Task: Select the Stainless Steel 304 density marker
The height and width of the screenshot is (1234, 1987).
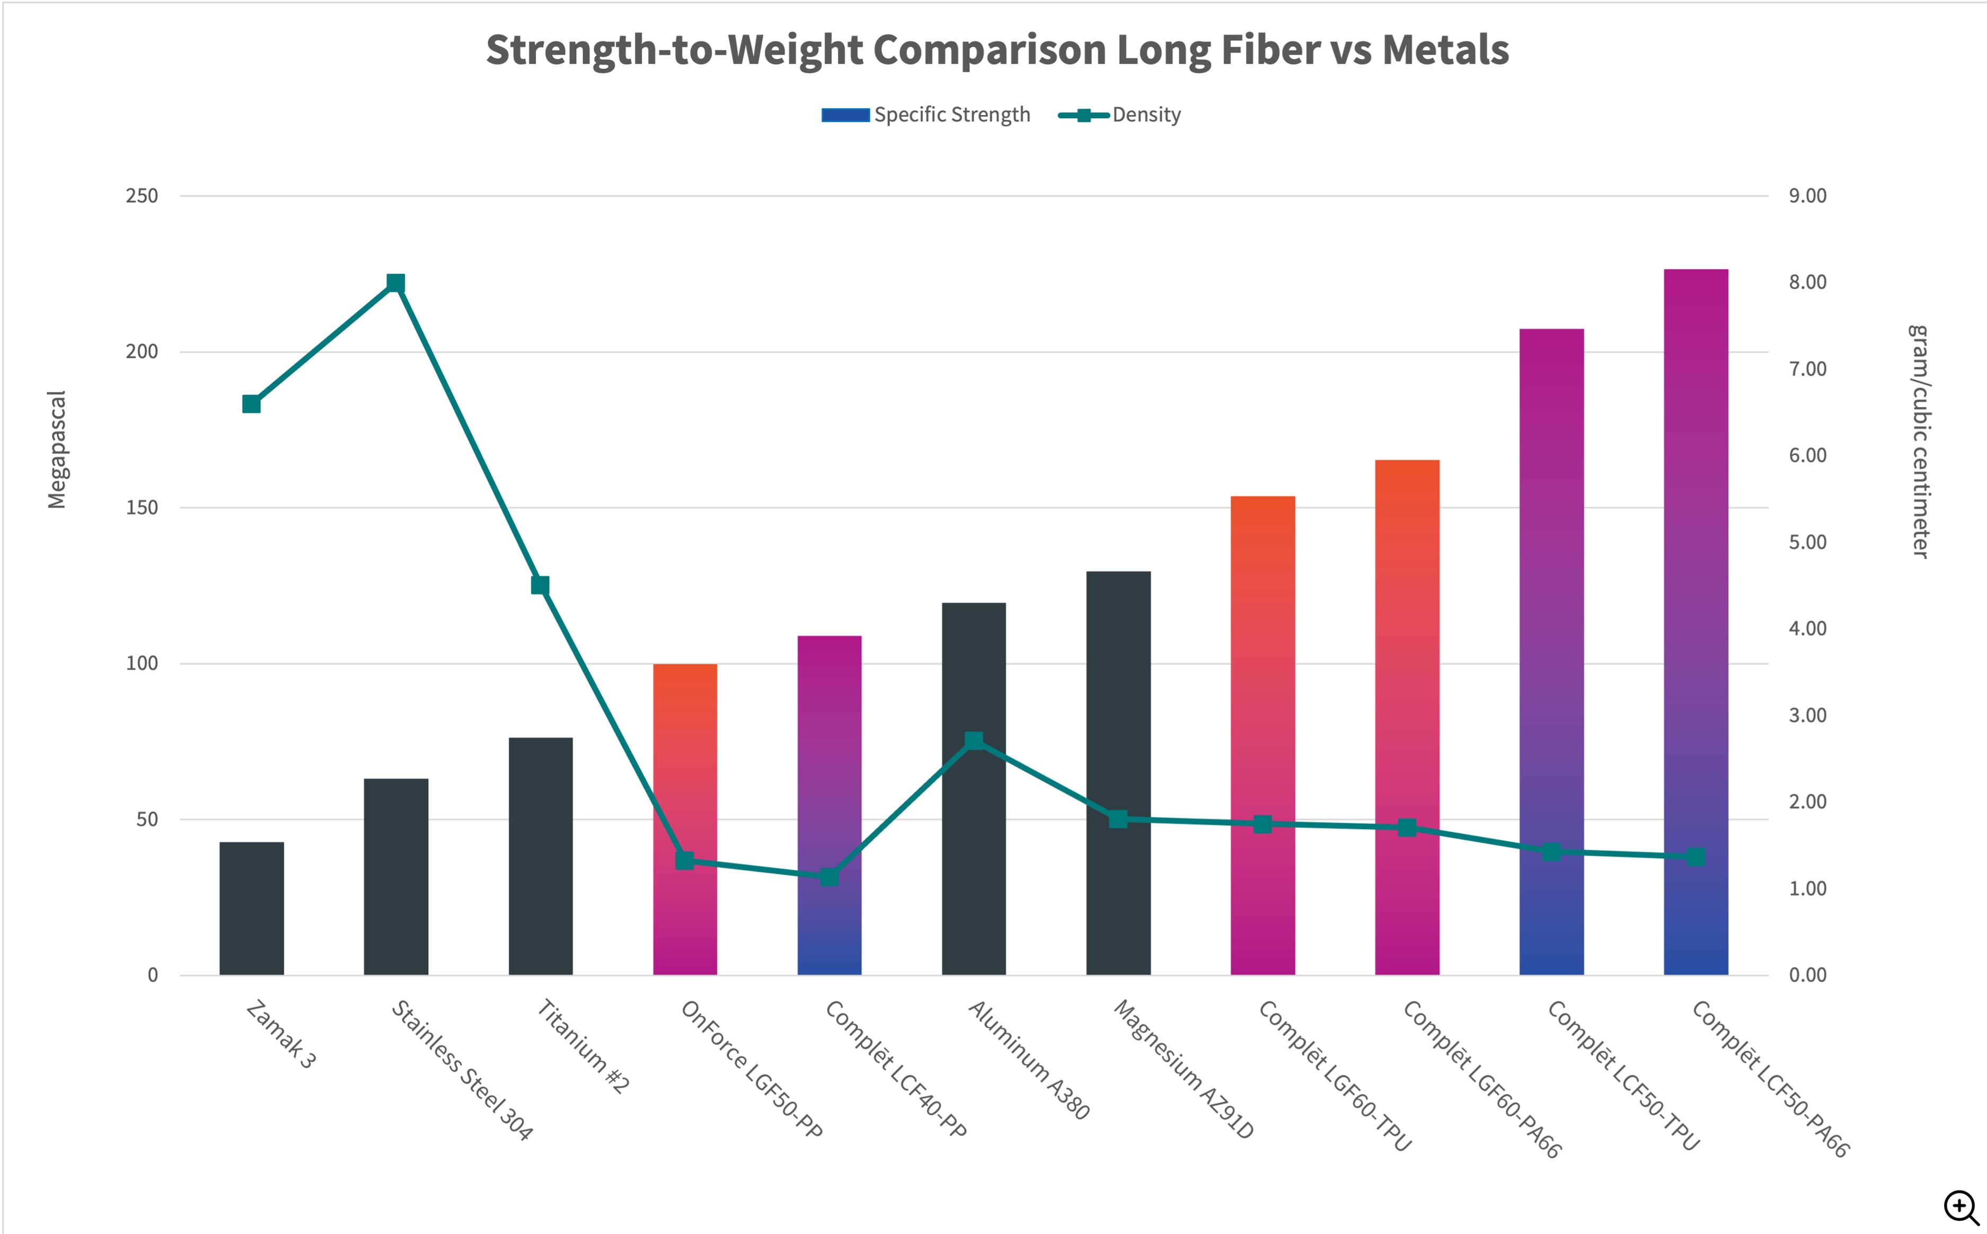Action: tap(396, 283)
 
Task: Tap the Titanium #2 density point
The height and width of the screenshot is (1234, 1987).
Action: tap(540, 585)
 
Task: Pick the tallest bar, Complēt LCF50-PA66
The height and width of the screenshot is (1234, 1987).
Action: tap(1695, 620)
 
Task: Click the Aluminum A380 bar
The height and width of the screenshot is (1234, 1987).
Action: tap(974, 857)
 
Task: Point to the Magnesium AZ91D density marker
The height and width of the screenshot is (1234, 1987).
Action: tap(1118, 818)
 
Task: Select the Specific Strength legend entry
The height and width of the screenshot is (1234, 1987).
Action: tap(925, 115)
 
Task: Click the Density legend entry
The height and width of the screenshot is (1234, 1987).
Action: tap(1119, 115)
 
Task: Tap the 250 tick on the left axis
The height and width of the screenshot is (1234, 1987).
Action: tap(142, 196)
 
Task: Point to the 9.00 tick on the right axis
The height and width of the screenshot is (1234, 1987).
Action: tap(1807, 196)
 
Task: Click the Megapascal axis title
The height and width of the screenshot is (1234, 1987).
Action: tap(56, 449)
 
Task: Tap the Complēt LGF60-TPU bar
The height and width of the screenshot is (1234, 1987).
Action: tap(1262, 735)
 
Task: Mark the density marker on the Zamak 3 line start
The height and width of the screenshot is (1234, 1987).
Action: tap(251, 404)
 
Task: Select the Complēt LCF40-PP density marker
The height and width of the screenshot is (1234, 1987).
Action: tap(829, 877)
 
